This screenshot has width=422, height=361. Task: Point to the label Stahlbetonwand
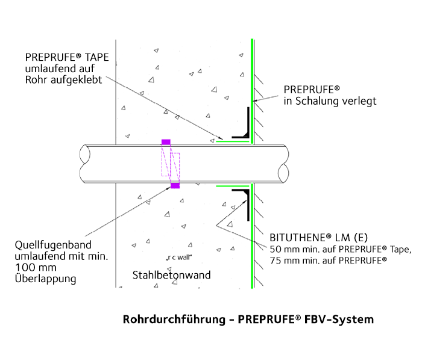(171, 276)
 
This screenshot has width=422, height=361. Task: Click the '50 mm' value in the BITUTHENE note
(283, 249)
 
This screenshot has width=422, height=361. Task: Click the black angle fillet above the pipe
(245, 128)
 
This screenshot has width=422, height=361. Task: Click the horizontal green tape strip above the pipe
(232, 142)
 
